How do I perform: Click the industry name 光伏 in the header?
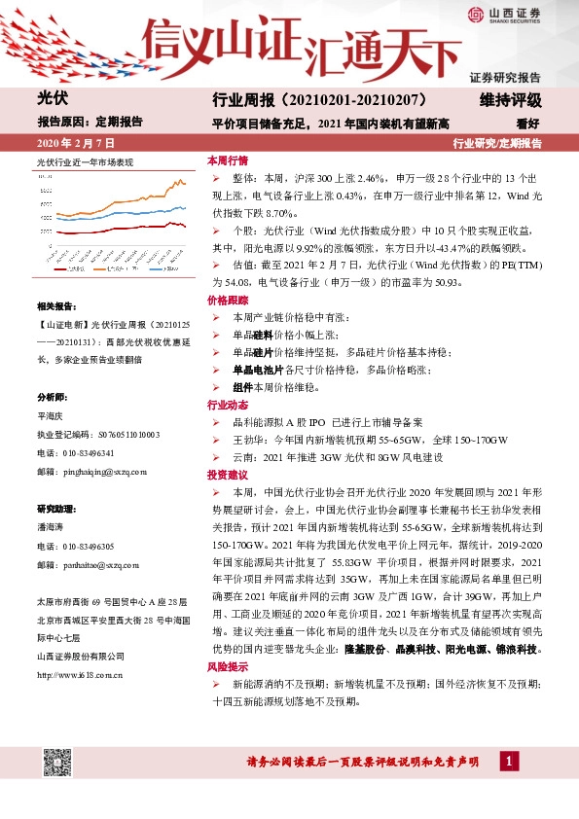tap(51, 98)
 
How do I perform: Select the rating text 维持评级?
tap(510, 99)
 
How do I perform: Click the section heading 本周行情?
tap(227, 160)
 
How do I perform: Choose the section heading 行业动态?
tap(227, 404)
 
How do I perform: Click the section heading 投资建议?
tap(227, 475)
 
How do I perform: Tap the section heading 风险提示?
tap(227, 667)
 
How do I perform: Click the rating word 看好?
tap(527, 124)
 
